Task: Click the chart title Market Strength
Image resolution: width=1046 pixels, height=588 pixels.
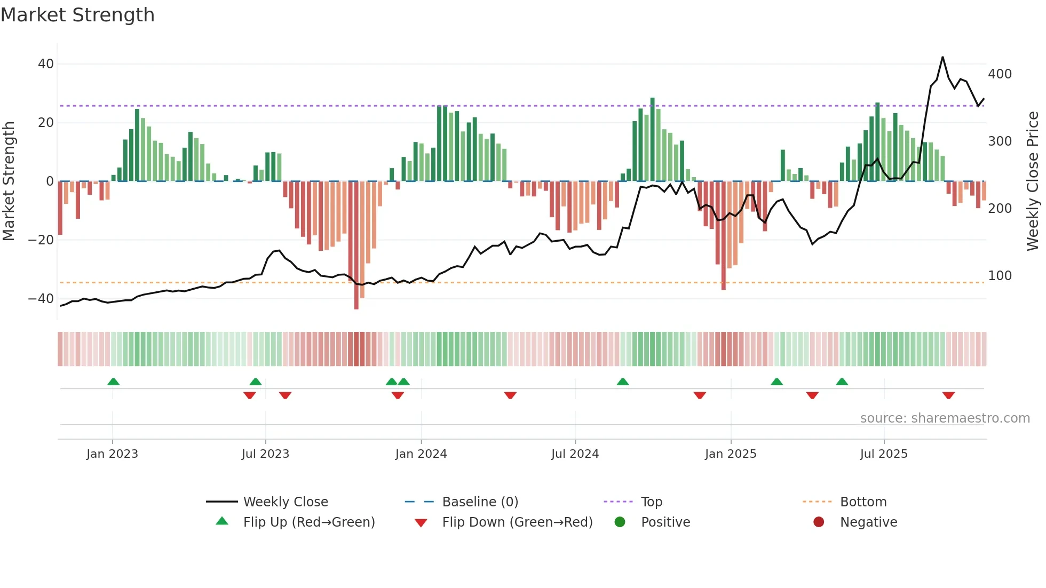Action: (77, 15)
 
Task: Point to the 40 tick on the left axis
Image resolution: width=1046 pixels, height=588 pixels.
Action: (46, 64)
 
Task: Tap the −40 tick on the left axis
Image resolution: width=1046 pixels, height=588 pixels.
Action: (41, 299)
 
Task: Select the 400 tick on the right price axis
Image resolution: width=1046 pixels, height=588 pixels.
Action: (1000, 74)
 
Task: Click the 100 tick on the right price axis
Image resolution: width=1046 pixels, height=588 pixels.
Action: (1000, 276)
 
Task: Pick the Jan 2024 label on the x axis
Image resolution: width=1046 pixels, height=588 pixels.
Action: (421, 454)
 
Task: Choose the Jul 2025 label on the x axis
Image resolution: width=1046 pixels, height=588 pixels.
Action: (883, 454)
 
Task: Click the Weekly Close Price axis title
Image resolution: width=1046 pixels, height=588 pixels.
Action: (1033, 181)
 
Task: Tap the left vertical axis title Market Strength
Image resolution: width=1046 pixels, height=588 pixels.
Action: (9, 181)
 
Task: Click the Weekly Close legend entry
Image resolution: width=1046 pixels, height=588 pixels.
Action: (285, 502)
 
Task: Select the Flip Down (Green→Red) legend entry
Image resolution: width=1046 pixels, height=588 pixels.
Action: (517, 522)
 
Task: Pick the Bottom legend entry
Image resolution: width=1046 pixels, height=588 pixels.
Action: (863, 502)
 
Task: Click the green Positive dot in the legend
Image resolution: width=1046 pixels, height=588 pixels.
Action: (620, 522)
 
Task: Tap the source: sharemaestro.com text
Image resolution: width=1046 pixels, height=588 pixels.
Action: (945, 418)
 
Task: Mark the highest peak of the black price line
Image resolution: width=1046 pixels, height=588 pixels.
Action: (942, 57)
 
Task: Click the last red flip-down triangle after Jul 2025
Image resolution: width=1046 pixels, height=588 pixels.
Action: (948, 395)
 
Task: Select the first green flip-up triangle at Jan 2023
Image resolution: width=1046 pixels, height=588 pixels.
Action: (113, 382)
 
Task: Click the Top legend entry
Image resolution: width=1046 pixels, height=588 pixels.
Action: (651, 502)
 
